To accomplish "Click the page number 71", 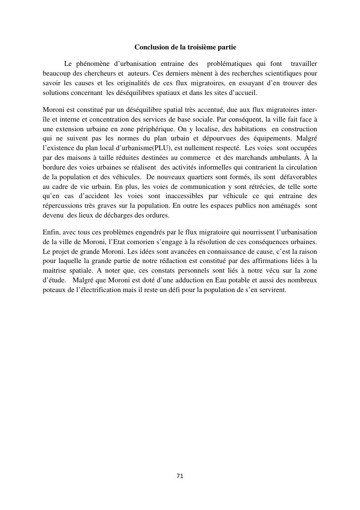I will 180,476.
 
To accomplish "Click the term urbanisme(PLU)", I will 131,148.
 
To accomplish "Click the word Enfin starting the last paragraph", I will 50,232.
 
